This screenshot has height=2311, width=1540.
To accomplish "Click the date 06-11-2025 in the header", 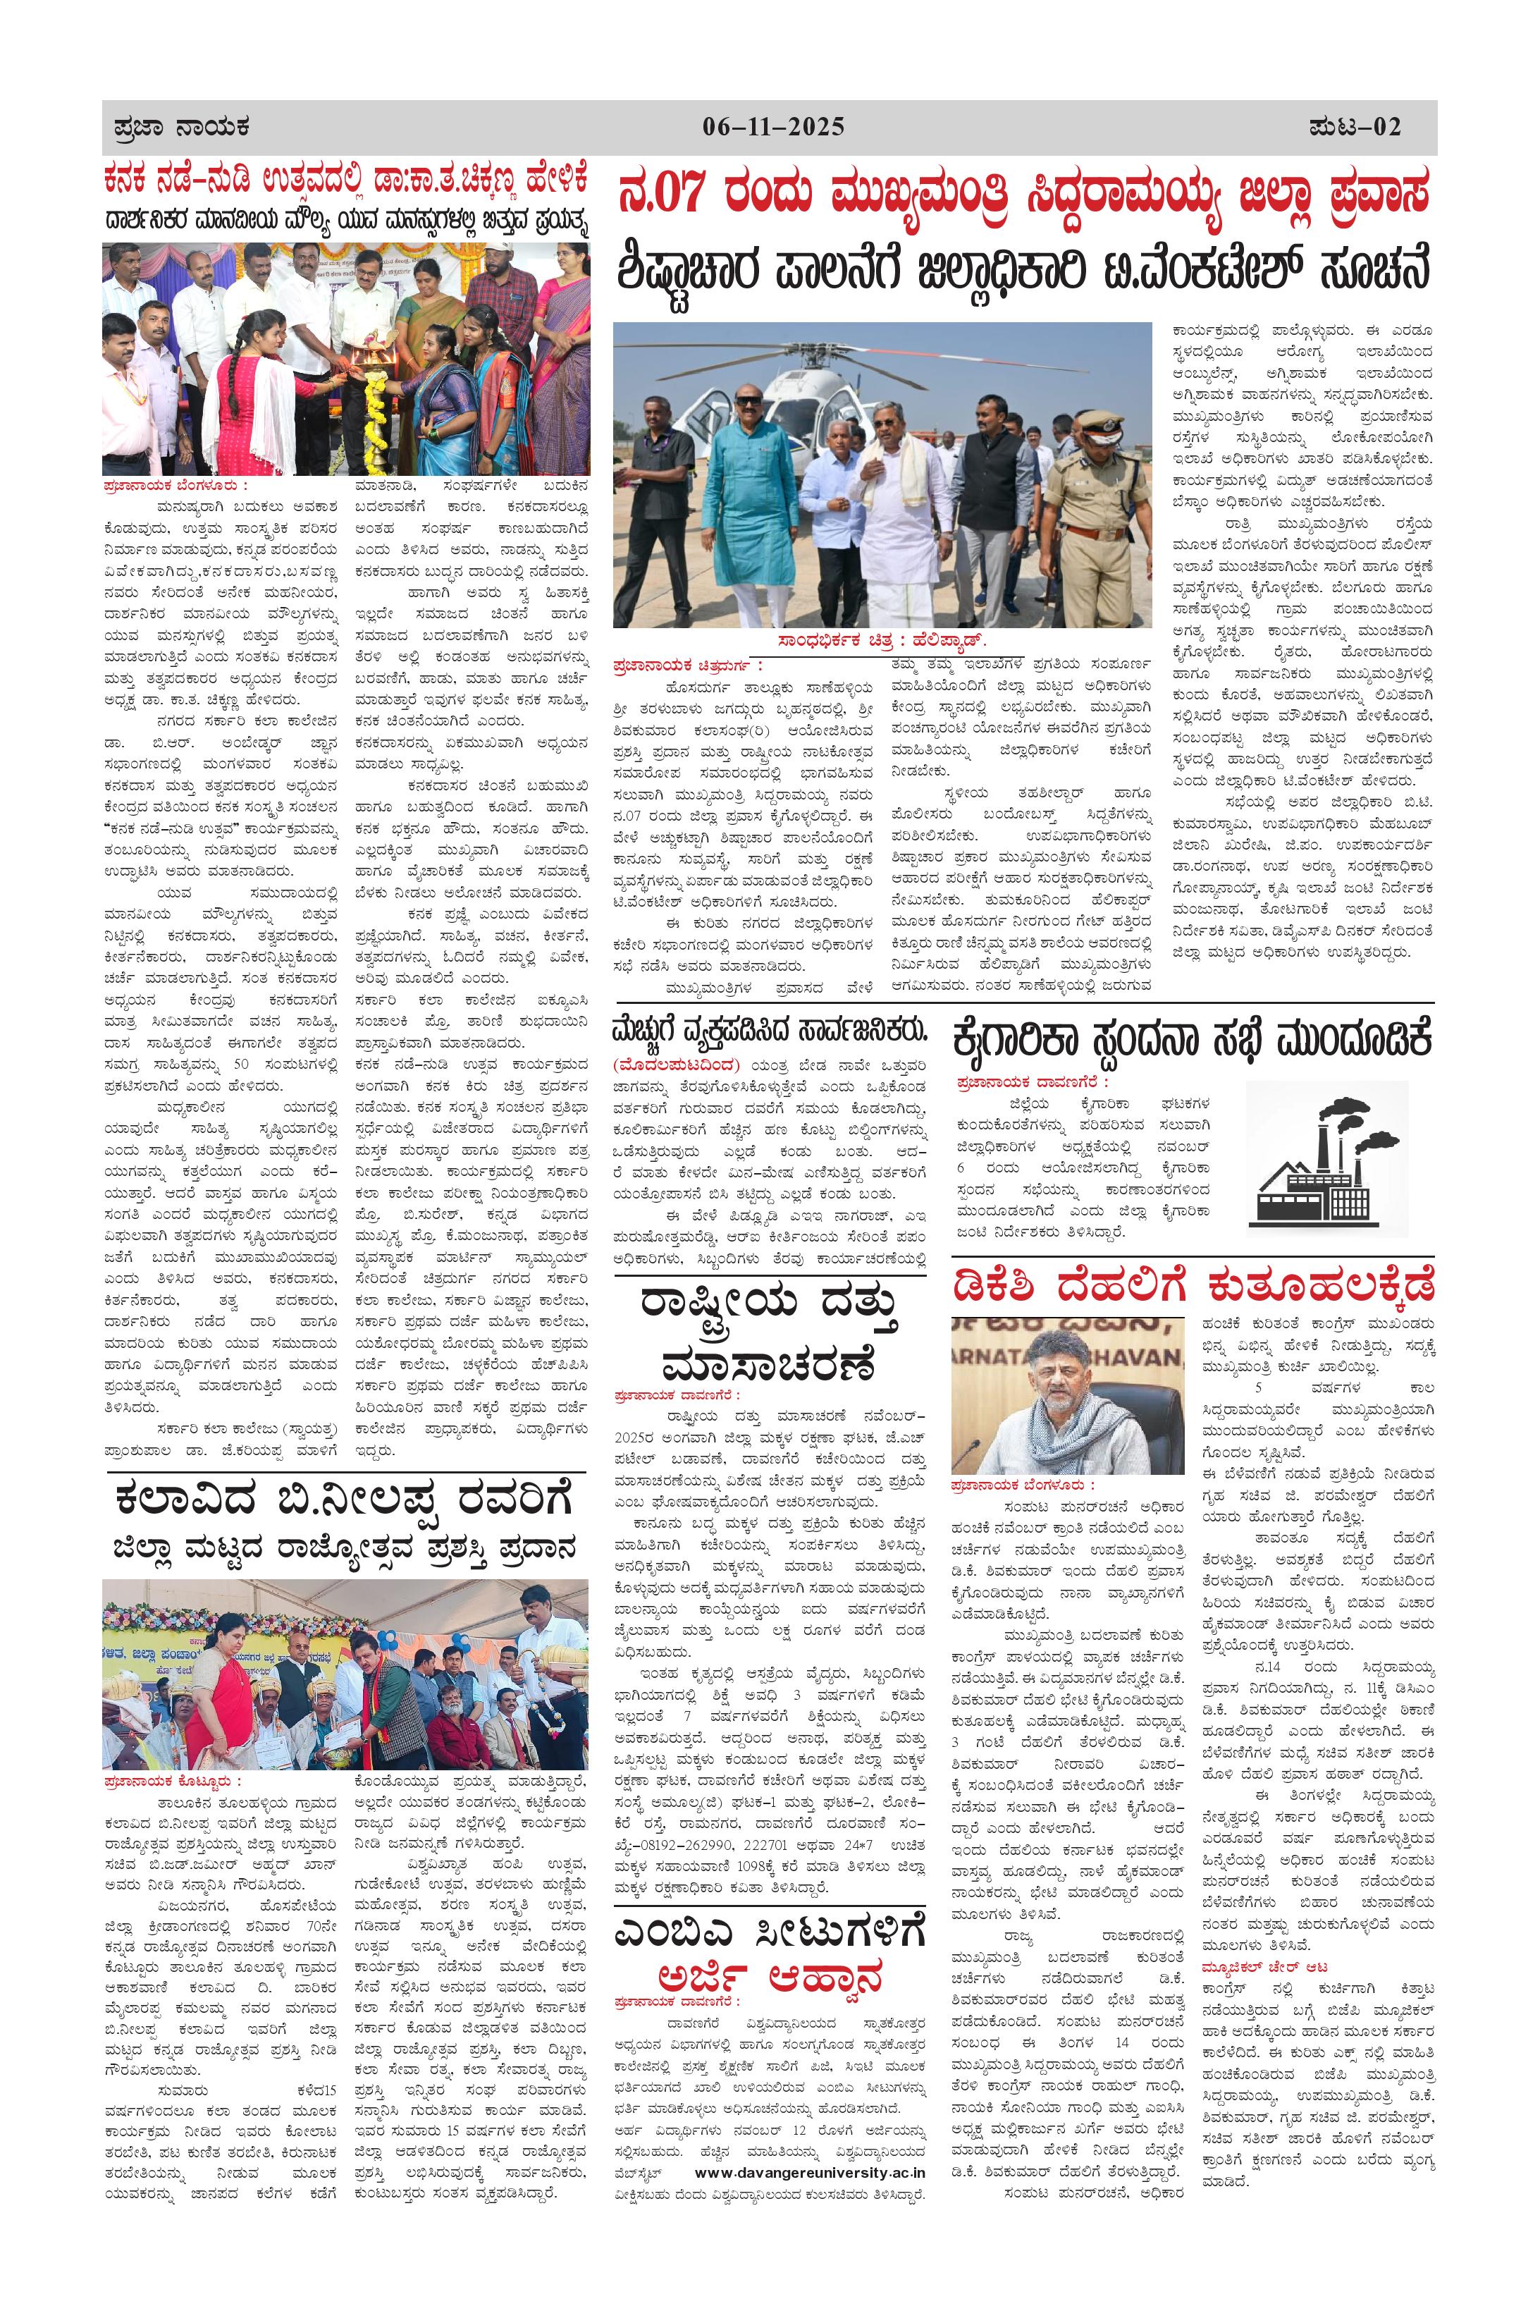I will pos(773,127).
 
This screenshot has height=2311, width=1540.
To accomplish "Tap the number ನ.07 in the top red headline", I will pos(661,192).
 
